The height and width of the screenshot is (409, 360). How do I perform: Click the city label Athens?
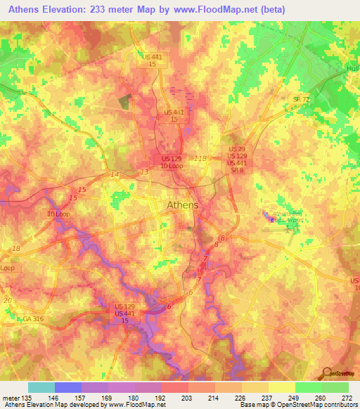pyautogui.click(x=183, y=205)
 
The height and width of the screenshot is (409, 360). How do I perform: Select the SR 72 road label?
pyautogui.click(x=302, y=100)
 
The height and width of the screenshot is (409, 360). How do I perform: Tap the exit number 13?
pyautogui.click(x=144, y=171)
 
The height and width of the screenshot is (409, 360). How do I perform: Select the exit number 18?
pyautogui.click(x=16, y=249)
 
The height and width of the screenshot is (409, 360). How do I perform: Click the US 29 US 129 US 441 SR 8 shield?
pyautogui.click(x=237, y=156)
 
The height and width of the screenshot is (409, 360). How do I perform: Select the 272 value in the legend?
pyautogui.click(x=347, y=398)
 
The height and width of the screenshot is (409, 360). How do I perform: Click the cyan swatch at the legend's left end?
pyautogui.click(x=41, y=387)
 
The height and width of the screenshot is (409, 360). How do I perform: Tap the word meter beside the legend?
pyautogui.click(x=9, y=398)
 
